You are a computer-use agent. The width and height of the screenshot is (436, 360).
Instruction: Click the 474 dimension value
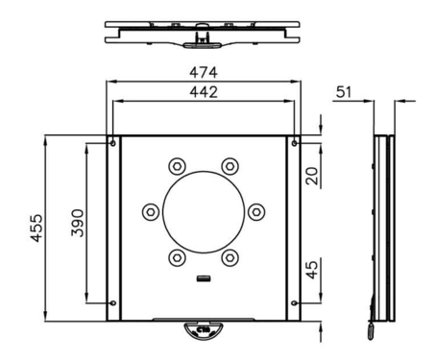203,72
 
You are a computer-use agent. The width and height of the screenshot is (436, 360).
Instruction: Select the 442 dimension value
203,92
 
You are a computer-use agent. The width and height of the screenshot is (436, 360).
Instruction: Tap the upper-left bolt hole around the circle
176,165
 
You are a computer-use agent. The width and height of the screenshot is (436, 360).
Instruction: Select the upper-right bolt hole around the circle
230,165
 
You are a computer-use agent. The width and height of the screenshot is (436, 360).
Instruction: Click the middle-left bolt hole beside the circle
149,211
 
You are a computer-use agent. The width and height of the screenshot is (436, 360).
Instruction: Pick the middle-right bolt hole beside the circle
256,211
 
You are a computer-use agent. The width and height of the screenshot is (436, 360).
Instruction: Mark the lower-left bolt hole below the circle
176,257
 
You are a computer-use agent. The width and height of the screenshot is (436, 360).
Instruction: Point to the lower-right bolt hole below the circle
230,257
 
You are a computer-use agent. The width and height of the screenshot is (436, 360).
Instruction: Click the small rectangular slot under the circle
203,280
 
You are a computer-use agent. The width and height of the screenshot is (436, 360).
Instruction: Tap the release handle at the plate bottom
203,329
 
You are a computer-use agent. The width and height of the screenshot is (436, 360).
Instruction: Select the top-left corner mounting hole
113,143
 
